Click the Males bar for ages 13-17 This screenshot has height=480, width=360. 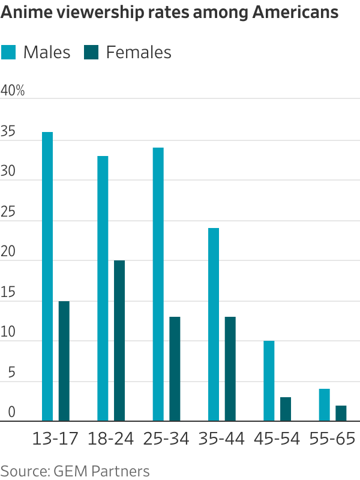point(47,277)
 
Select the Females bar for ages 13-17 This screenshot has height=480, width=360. point(64,361)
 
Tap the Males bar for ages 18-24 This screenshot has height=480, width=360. point(103,289)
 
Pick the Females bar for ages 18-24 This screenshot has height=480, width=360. point(119,341)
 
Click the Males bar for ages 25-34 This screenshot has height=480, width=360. point(158,284)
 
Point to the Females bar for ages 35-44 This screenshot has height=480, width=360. point(230,369)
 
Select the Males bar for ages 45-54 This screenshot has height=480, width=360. point(269,381)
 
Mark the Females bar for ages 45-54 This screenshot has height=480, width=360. point(286,409)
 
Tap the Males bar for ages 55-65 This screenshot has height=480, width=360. point(325,405)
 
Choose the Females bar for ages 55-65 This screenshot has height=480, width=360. point(341,413)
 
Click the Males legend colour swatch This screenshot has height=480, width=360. point(8,52)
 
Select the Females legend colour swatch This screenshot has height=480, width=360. point(91,52)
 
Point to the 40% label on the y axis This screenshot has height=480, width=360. point(13,91)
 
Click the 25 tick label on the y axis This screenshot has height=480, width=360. point(8,212)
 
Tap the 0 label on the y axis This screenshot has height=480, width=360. point(11,412)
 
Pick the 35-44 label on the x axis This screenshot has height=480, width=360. point(221,439)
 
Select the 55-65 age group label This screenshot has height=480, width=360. point(332,439)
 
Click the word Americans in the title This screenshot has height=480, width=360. point(295,12)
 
